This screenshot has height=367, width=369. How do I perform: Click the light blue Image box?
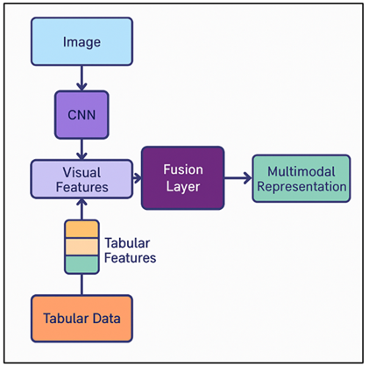coord(82,41)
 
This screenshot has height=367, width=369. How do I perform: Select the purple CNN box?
coord(82,114)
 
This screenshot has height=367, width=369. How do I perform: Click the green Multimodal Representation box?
coord(301,178)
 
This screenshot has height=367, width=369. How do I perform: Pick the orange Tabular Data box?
coord(82,318)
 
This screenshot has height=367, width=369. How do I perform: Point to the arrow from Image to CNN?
coord(82,77)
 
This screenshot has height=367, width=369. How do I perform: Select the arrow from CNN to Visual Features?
coord(82,148)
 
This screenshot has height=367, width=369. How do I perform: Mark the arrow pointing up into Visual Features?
coord(82,207)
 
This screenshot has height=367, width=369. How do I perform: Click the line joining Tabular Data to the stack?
coord(82,284)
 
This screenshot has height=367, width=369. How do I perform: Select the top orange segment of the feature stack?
coord(82,229)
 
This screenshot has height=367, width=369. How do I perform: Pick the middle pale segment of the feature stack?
coord(82,247)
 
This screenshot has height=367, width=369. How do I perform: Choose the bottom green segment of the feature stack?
coord(82,263)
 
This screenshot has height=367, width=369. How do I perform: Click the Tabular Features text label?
coord(131,250)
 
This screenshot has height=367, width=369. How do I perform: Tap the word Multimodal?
coord(301,170)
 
